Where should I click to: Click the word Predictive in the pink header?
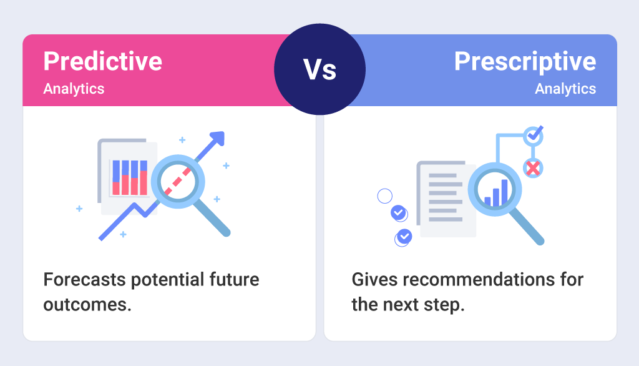pyautogui.click(x=102, y=62)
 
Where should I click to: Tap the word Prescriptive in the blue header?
pyautogui.click(x=525, y=62)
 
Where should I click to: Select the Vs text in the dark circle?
pyautogui.click(x=319, y=69)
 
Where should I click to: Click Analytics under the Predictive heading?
pyautogui.click(x=74, y=89)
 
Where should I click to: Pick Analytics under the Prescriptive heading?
pyautogui.click(x=565, y=89)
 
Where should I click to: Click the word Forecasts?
pyautogui.click(x=84, y=279)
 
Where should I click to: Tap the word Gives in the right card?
pyautogui.click(x=371, y=279)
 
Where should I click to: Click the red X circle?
pyautogui.click(x=532, y=167)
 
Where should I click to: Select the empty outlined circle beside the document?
pyautogui.click(x=385, y=196)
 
